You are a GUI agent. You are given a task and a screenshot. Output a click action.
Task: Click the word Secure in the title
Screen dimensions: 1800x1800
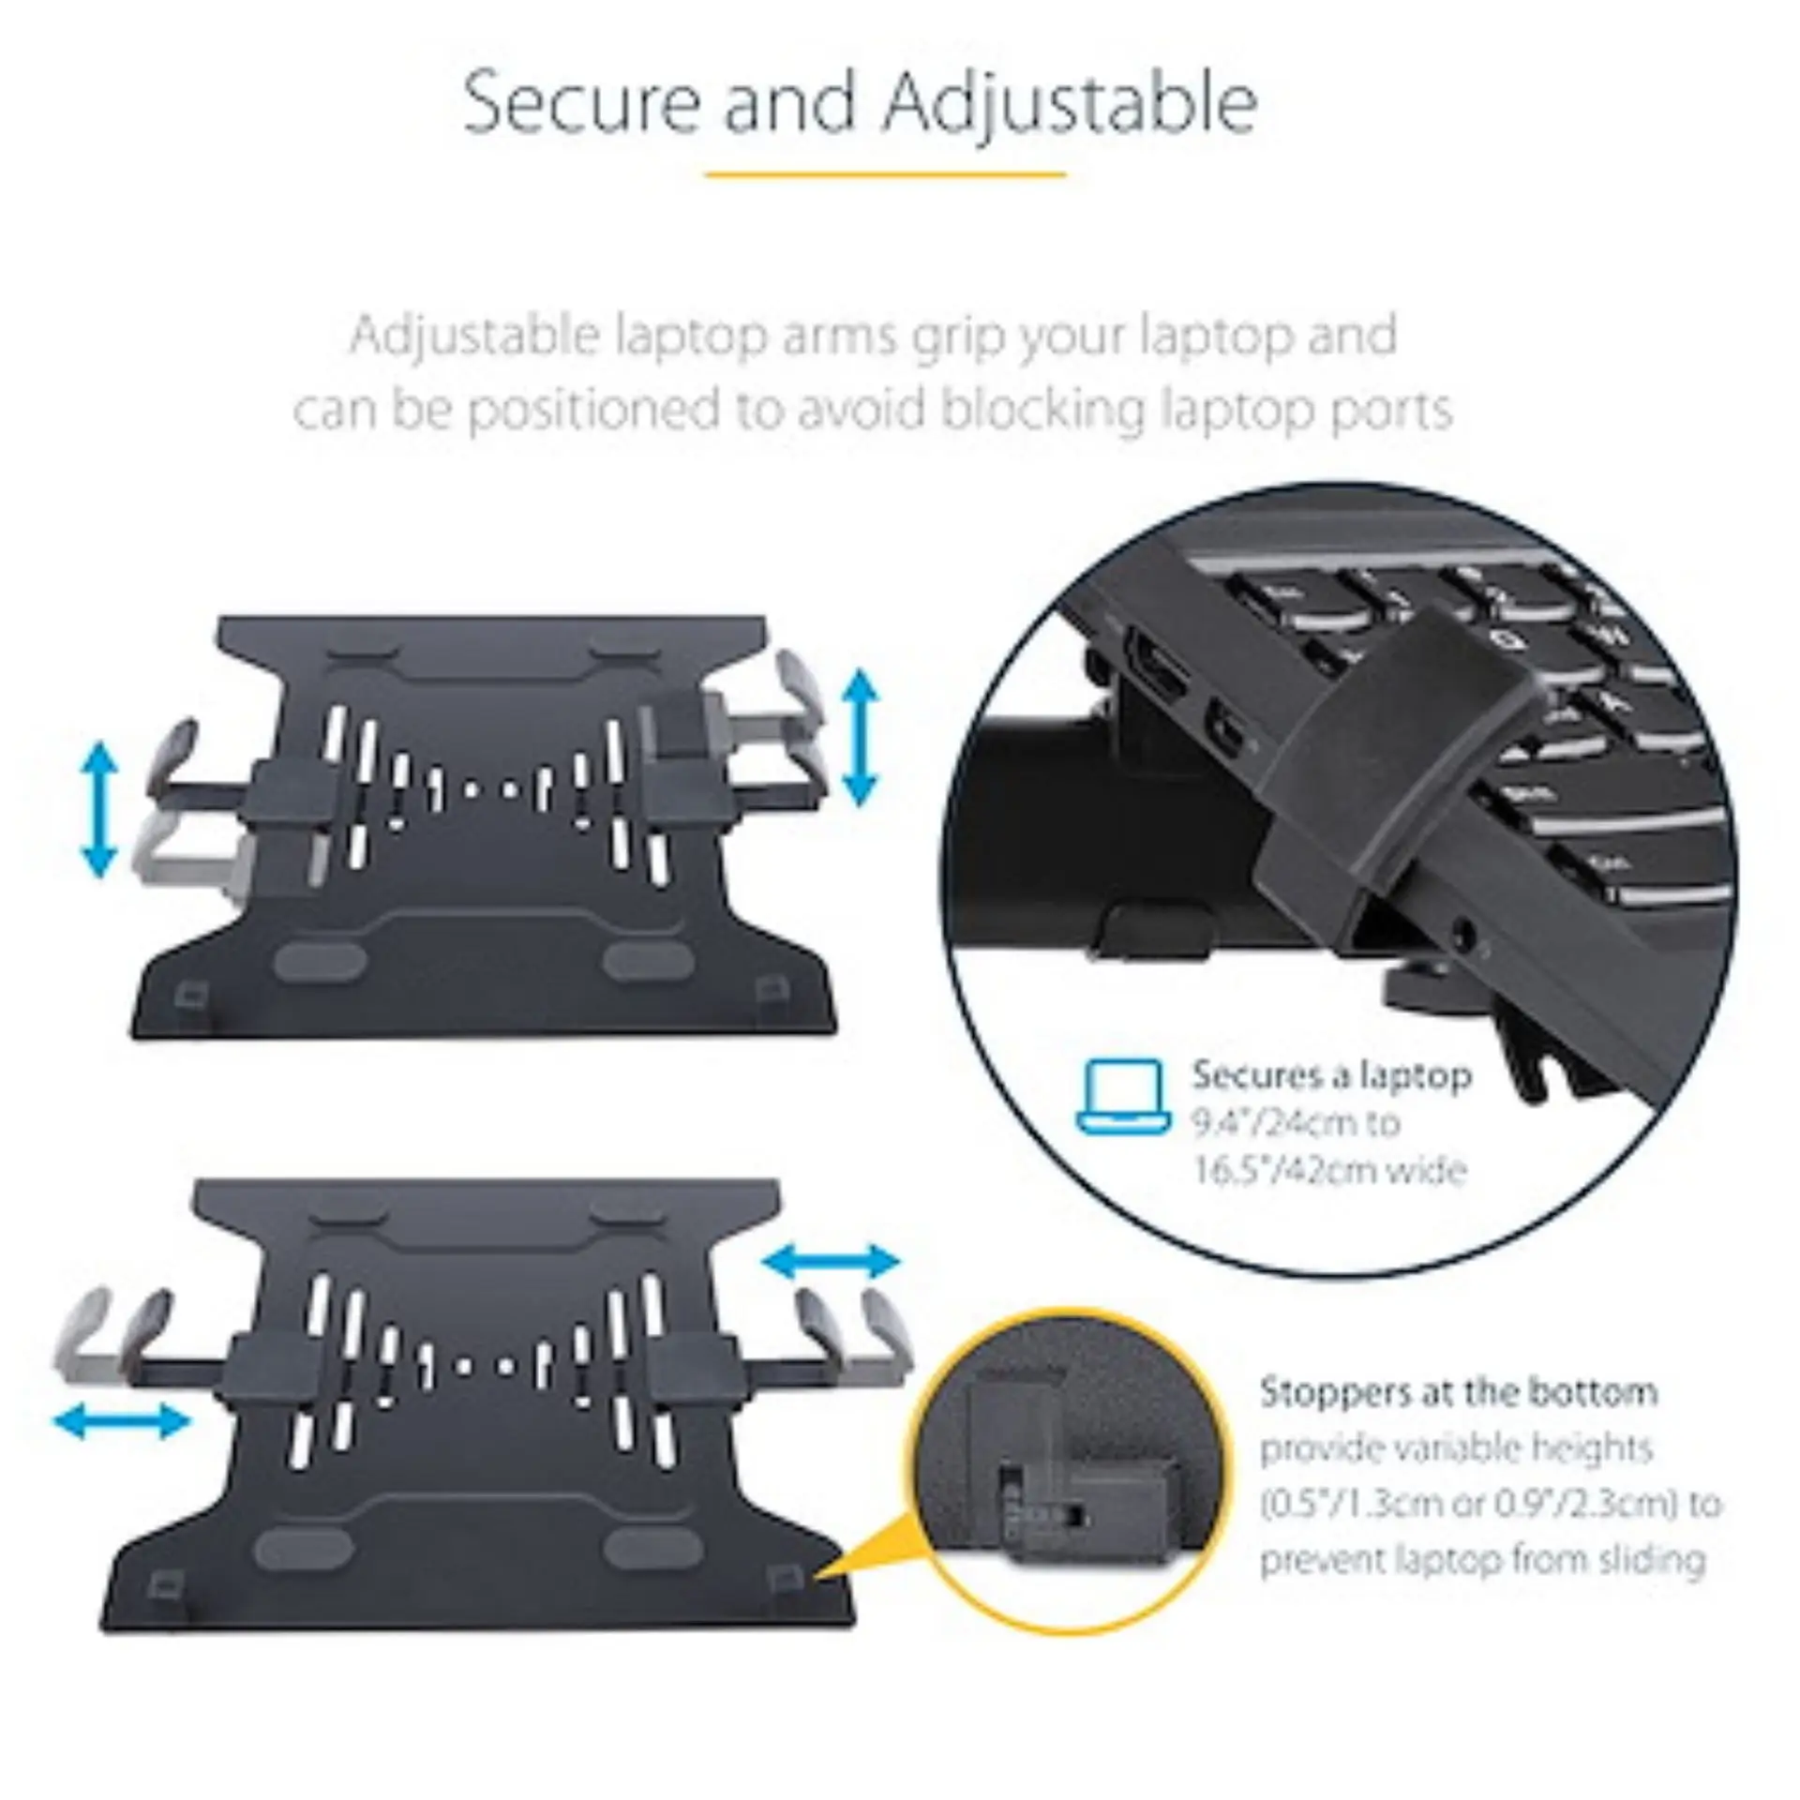pyautogui.click(x=582, y=103)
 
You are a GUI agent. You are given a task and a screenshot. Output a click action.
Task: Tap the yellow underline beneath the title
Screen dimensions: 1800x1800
pyautogui.click(x=886, y=174)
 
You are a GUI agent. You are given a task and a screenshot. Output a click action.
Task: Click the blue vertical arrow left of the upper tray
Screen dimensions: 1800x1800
pyautogui.click(x=99, y=810)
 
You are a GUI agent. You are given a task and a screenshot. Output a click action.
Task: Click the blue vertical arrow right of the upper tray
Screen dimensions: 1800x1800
pyautogui.click(x=861, y=739)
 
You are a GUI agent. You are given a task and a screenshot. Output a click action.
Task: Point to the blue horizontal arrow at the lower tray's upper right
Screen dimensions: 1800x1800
pyautogui.click(x=831, y=1262)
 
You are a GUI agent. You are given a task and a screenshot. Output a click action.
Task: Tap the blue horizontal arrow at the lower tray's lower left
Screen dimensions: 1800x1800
pyautogui.click(x=122, y=1421)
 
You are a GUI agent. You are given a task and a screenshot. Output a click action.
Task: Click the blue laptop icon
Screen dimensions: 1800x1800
pyautogui.click(x=1123, y=1097)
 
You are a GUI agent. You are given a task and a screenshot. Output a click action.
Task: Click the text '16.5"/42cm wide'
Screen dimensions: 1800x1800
pyautogui.click(x=1329, y=1170)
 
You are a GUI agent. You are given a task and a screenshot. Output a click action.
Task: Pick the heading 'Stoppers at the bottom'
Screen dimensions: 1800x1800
pyautogui.click(x=1458, y=1392)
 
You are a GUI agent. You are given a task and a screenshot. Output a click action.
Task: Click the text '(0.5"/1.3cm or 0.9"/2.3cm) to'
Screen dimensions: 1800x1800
pyautogui.click(x=1491, y=1504)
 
